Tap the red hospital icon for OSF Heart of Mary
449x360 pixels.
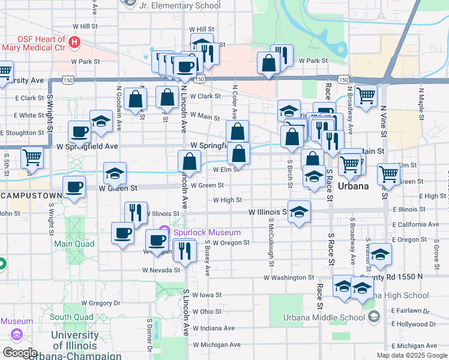pyautogui.click(x=74, y=43)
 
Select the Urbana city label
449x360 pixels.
pyautogui.click(x=353, y=186)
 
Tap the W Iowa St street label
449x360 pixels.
pyautogui.click(x=207, y=295)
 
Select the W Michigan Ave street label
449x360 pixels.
pyautogui.click(x=216, y=344)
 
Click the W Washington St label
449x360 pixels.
pyautogui.click(x=289, y=278)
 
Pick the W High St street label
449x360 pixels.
pyautogui.click(x=227, y=200)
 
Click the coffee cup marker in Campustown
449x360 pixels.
pyautogui.click(x=74, y=187)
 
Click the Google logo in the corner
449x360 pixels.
pyautogui.click(x=20, y=353)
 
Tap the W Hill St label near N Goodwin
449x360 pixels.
pyautogui.click(x=85, y=26)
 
